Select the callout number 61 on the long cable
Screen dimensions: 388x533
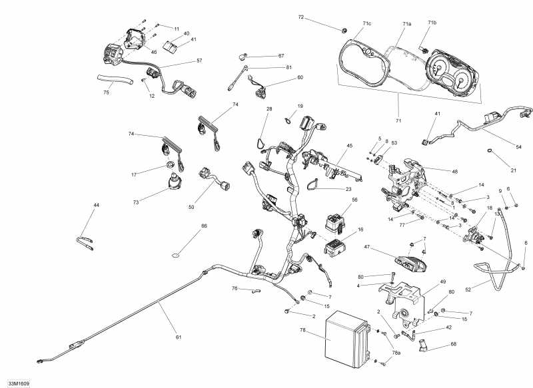pos(179,337)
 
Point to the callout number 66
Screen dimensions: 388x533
pos(205,226)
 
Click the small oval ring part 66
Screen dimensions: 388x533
pos(177,254)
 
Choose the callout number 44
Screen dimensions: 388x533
pos(97,206)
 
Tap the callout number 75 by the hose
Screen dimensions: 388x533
pos(106,93)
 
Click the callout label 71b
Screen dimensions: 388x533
pos(432,23)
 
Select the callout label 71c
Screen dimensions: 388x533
pos(367,23)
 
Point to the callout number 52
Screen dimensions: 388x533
pos(468,290)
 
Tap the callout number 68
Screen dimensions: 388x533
pos(453,344)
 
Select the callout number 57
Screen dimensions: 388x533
pos(199,61)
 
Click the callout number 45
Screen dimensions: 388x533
pos(349,146)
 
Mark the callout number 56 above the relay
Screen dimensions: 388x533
pos(354,200)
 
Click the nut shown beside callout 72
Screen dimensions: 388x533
pos(343,29)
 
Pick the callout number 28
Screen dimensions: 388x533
pos(269,108)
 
